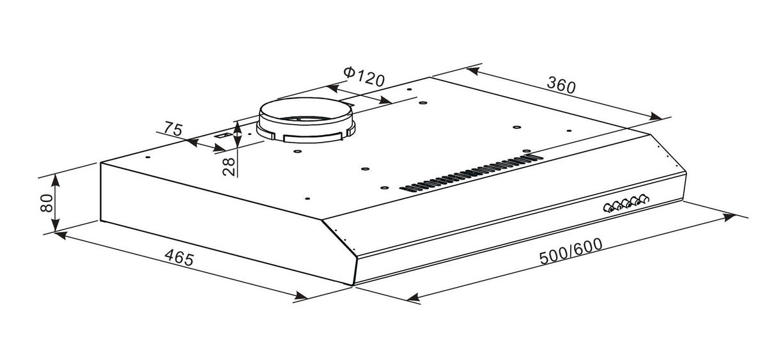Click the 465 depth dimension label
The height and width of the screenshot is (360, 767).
(x=179, y=258)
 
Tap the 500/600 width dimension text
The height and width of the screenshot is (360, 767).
(x=571, y=251)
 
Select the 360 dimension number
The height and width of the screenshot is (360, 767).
(x=561, y=85)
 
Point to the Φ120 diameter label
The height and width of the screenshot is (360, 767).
(x=364, y=77)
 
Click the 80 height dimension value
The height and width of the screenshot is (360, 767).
(x=47, y=203)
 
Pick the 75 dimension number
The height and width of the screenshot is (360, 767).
(x=173, y=129)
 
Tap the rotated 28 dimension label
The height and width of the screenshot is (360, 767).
(x=229, y=167)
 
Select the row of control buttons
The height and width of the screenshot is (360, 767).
(x=626, y=204)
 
